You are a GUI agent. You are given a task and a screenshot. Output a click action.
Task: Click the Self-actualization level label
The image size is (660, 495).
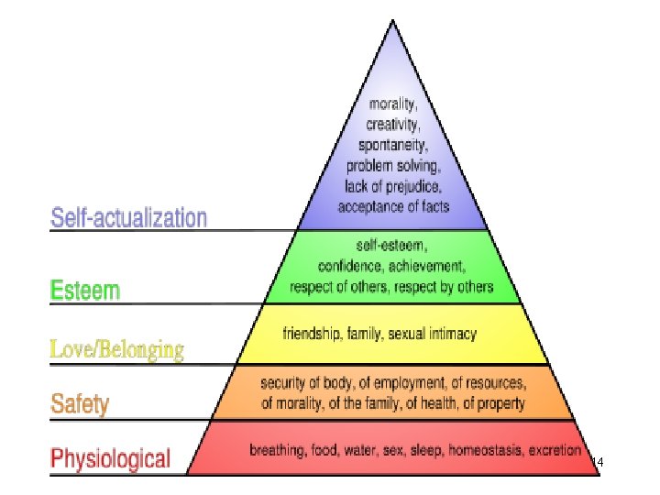[128, 218]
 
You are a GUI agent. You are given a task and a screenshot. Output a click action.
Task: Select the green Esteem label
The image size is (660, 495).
[84, 291]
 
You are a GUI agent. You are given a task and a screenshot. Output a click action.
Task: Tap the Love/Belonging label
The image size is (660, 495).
[116, 349]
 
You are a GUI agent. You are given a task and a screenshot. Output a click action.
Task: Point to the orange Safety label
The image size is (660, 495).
[80, 403]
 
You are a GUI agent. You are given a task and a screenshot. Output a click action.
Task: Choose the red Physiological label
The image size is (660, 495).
[110, 457]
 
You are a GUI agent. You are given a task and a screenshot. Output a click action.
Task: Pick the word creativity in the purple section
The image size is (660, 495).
[394, 123]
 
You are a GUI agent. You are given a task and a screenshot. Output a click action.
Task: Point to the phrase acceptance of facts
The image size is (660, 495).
[393, 206]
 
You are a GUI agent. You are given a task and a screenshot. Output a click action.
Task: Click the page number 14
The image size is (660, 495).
[598, 463]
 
